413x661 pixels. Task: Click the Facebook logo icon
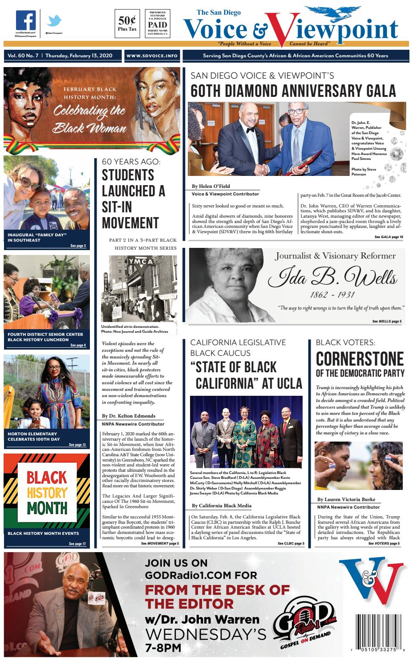click(26, 21)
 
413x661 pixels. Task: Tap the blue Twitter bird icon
click(55, 21)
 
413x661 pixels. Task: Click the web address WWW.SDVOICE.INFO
click(152, 56)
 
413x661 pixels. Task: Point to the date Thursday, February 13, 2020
click(78, 56)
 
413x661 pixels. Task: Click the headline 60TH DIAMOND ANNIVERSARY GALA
click(293, 91)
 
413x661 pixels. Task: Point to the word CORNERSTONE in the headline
click(360, 359)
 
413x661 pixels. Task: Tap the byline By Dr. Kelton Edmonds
click(129, 416)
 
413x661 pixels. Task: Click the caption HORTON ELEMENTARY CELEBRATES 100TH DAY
click(32, 436)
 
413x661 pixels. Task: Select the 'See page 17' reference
click(77, 544)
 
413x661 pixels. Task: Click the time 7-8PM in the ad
click(163, 648)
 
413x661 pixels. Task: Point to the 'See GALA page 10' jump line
click(389, 237)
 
